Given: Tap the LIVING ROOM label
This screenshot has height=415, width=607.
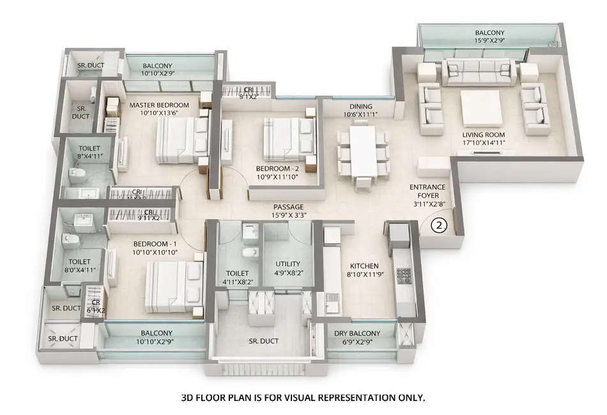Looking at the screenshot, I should tap(484, 135).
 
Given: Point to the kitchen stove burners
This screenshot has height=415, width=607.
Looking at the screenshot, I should tap(404, 276).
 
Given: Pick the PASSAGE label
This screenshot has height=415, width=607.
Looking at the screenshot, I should tap(288, 207).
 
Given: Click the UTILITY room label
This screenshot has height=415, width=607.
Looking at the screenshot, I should tap(288, 264).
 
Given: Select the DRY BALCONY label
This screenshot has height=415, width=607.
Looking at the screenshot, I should tap(357, 333).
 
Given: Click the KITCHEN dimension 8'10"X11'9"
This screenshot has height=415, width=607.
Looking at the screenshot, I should tap(365, 276).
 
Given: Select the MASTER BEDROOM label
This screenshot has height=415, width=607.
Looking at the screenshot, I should tap(159, 105).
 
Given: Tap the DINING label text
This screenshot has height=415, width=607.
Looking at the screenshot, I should tap(360, 107).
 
